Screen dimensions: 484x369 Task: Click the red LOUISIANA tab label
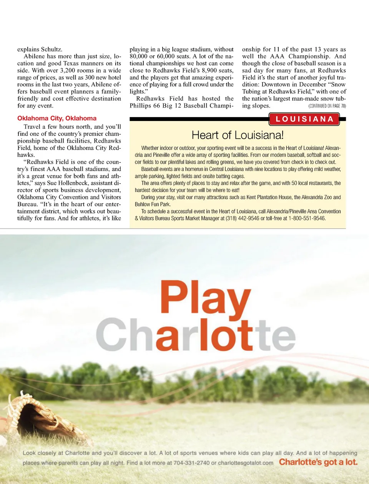pos(304,119)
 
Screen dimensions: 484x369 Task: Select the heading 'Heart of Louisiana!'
pos(238,135)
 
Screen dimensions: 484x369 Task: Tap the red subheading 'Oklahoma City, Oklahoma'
pos(57,118)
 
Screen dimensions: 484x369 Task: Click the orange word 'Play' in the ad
pos(205,299)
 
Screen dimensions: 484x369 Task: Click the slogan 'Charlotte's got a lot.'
pos(318,462)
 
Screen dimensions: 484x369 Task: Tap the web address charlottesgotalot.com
pos(246,463)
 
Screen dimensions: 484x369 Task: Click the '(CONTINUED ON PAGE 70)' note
pos(327,106)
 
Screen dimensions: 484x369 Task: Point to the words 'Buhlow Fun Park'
pos(152,204)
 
